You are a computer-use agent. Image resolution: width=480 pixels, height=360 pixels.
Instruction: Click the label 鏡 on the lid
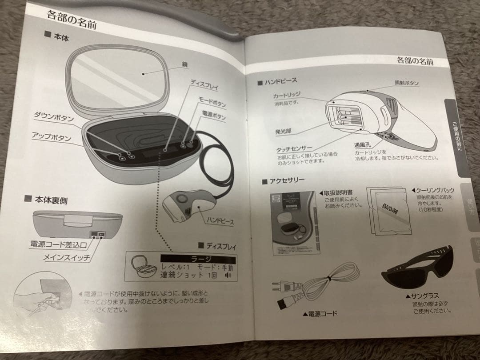(184, 65)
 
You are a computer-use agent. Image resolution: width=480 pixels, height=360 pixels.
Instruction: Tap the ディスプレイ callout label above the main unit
(205, 86)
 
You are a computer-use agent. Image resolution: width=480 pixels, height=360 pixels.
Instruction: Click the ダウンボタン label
(54, 117)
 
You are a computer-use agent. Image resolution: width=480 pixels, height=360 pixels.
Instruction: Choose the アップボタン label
(52, 136)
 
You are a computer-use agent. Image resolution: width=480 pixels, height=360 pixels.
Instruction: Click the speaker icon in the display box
(229, 276)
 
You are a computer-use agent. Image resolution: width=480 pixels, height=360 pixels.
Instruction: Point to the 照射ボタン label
(406, 83)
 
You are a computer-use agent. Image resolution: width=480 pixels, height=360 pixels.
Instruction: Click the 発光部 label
(284, 132)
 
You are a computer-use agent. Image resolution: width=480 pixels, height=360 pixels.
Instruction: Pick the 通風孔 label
(363, 144)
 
